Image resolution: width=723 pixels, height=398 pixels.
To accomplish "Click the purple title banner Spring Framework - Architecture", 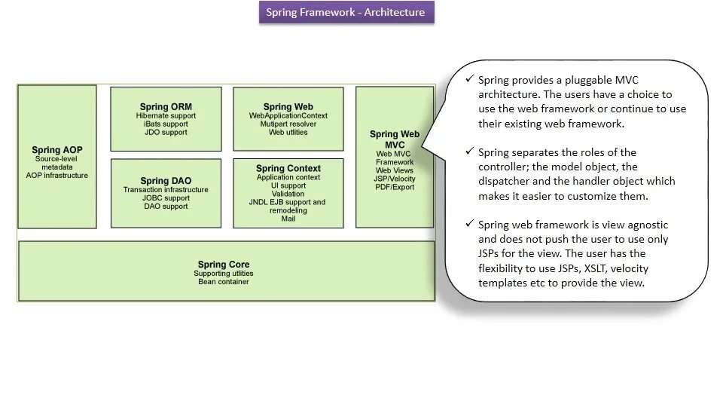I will coord(346,12).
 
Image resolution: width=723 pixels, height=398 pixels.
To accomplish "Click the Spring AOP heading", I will coord(57,150).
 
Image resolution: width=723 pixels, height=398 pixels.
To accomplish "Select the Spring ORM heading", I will coord(166,107).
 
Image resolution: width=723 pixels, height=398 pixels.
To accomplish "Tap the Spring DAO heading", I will coord(166,181).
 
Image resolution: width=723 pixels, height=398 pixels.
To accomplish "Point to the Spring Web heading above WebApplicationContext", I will coord(288,107).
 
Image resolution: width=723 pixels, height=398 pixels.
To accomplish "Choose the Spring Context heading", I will coord(288,168).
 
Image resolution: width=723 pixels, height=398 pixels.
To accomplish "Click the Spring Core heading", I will coord(224,265).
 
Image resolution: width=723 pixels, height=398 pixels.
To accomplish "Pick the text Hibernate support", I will coord(166,116).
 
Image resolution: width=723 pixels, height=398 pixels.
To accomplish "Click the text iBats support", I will coord(166,124).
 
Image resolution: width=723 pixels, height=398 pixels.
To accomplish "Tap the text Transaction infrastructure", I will coord(166,190).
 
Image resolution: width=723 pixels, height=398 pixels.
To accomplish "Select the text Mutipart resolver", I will coord(288,124).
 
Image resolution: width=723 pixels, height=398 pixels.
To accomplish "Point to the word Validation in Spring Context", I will coord(288,194).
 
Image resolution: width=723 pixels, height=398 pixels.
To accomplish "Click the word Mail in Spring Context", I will coord(288,219).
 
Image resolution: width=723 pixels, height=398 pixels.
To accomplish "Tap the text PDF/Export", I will coord(395,187).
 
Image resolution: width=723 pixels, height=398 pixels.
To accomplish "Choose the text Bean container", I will coord(224,282).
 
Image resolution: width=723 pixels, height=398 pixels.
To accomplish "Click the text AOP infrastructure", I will coord(57,176).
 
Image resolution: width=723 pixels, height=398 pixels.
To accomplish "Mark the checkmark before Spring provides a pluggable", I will coord(470,79).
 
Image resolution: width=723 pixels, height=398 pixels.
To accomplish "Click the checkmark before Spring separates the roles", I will coord(470,152).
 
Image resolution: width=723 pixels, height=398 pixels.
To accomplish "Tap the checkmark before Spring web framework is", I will coord(470,225).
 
